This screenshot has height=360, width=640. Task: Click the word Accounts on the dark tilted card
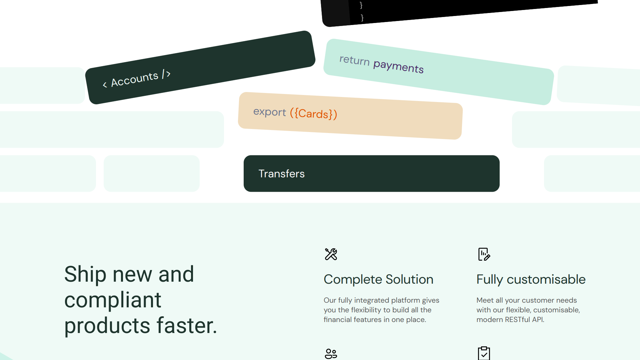pos(135,79)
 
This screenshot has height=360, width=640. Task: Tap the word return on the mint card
pos(355,60)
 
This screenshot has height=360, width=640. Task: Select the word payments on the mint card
pos(398,66)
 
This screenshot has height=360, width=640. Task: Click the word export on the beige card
pos(270,112)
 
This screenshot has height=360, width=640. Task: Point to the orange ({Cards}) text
pos(314,114)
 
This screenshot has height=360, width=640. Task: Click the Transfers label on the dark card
pos(282,174)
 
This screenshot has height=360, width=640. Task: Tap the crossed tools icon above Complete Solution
pos(331,254)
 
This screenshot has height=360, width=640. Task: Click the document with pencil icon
pos(484,254)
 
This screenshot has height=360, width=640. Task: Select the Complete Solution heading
pos(379,279)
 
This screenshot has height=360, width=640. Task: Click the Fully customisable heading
pos(531,279)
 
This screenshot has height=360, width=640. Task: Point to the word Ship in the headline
pos(85,274)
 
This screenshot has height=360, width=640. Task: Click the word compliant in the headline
pos(113,300)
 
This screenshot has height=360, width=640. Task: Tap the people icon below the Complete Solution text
pos(331,354)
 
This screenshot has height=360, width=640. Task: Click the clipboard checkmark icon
pos(484,353)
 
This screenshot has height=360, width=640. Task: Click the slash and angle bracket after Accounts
pos(166,74)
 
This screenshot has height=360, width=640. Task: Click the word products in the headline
pos(107,325)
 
